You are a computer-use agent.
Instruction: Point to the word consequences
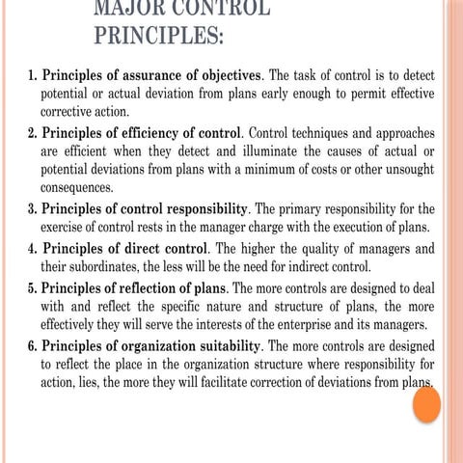coord(83,188)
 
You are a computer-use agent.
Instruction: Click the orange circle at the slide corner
coord(425,404)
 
